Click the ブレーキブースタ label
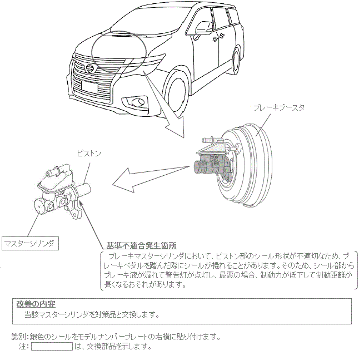(x=278, y=107)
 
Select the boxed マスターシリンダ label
(x=29, y=243)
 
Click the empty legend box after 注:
(x=52, y=346)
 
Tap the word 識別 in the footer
(x=20, y=337)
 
